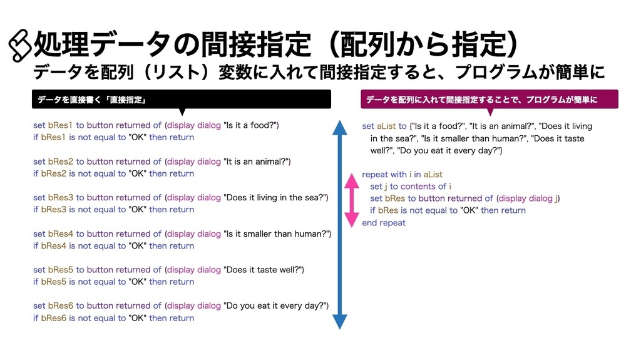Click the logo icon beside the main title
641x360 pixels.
tap(21, 46)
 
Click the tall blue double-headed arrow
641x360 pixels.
tap(339, 225)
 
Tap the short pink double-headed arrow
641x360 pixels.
tap(352, 200)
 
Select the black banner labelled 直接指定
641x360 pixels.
tap(182, 99)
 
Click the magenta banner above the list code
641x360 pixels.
tap(489, 99)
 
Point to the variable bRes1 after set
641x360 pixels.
tap(61, 125)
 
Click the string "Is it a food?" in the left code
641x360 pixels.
tap(251, 125)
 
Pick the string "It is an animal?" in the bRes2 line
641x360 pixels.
tap(257, 162)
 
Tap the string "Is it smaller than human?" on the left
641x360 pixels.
tap(277, 234)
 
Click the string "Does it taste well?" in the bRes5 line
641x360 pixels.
tap(264, 270)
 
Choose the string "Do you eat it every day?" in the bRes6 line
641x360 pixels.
tap(276, 306)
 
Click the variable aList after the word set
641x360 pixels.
tap(387, 126)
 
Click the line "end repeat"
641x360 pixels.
tap(384, 223)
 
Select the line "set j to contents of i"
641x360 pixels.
tap(411, 187)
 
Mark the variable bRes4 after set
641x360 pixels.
tap(61, 234)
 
